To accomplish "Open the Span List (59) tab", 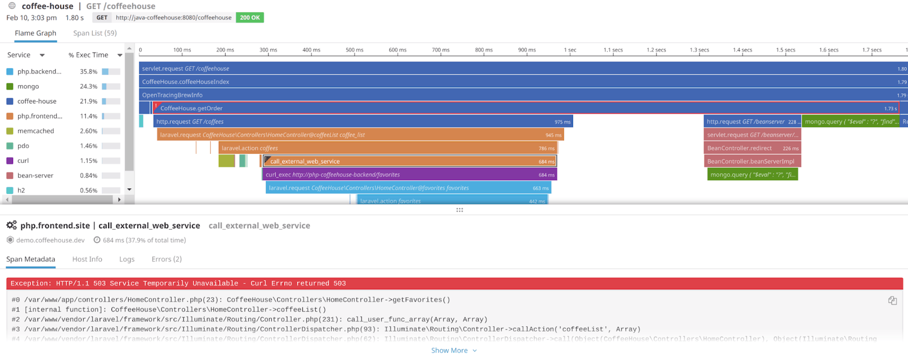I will coord(95,33).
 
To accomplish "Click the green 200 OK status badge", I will coord(250,18).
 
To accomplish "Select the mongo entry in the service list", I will coord(28,86).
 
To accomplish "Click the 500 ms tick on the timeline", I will coord(354,50).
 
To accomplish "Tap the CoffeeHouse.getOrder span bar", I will coord(482,108).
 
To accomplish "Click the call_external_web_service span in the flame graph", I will coord(410,161).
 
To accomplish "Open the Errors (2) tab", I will coord(166,259).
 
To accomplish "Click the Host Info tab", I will coord(87,259).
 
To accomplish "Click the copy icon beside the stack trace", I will coord(892,301).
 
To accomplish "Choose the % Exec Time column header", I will coord(88,55).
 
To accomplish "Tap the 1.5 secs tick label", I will coord(785,50).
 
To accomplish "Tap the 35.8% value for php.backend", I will coord(88,71).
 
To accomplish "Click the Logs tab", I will coord(126,259).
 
